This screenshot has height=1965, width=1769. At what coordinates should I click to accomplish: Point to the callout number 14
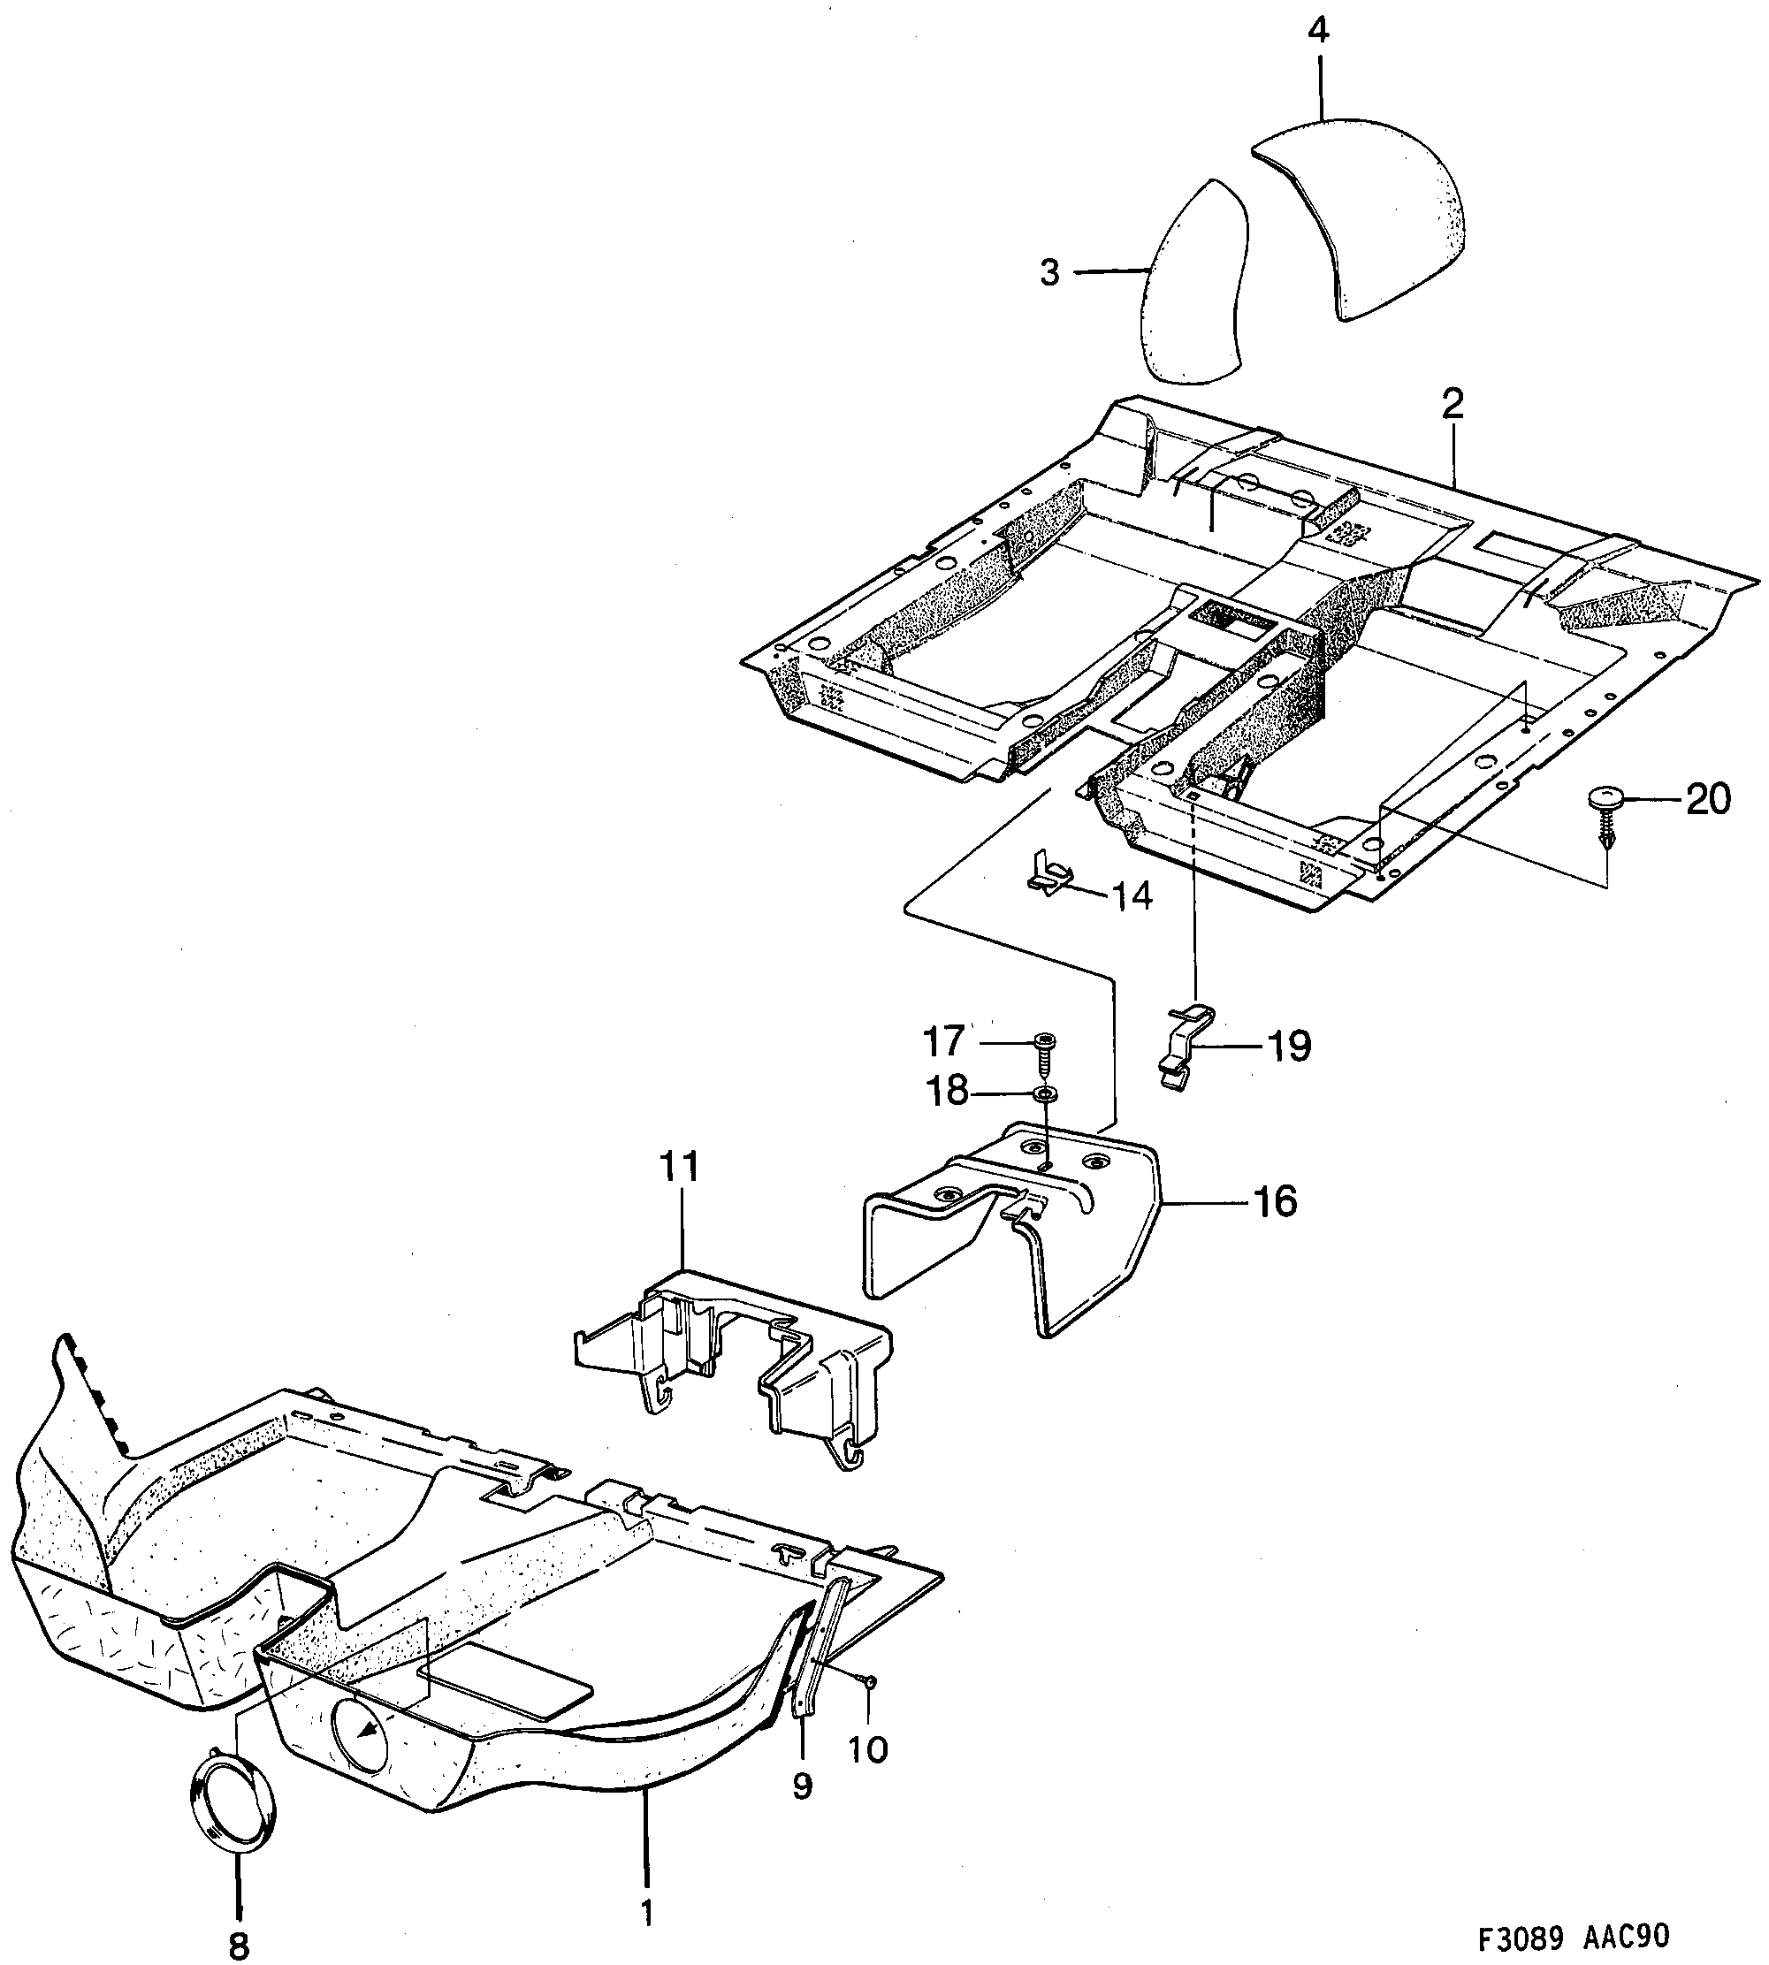click(x=1132, y=896)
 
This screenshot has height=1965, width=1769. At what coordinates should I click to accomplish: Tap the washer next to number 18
click(x=1046, y=1094)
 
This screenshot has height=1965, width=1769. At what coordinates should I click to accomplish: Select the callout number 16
click(x=1274, y=1202)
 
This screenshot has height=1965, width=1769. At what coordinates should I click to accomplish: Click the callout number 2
click(x=1453, y=404)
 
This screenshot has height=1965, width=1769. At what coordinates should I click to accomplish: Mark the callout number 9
click(x=802, y=1786)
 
